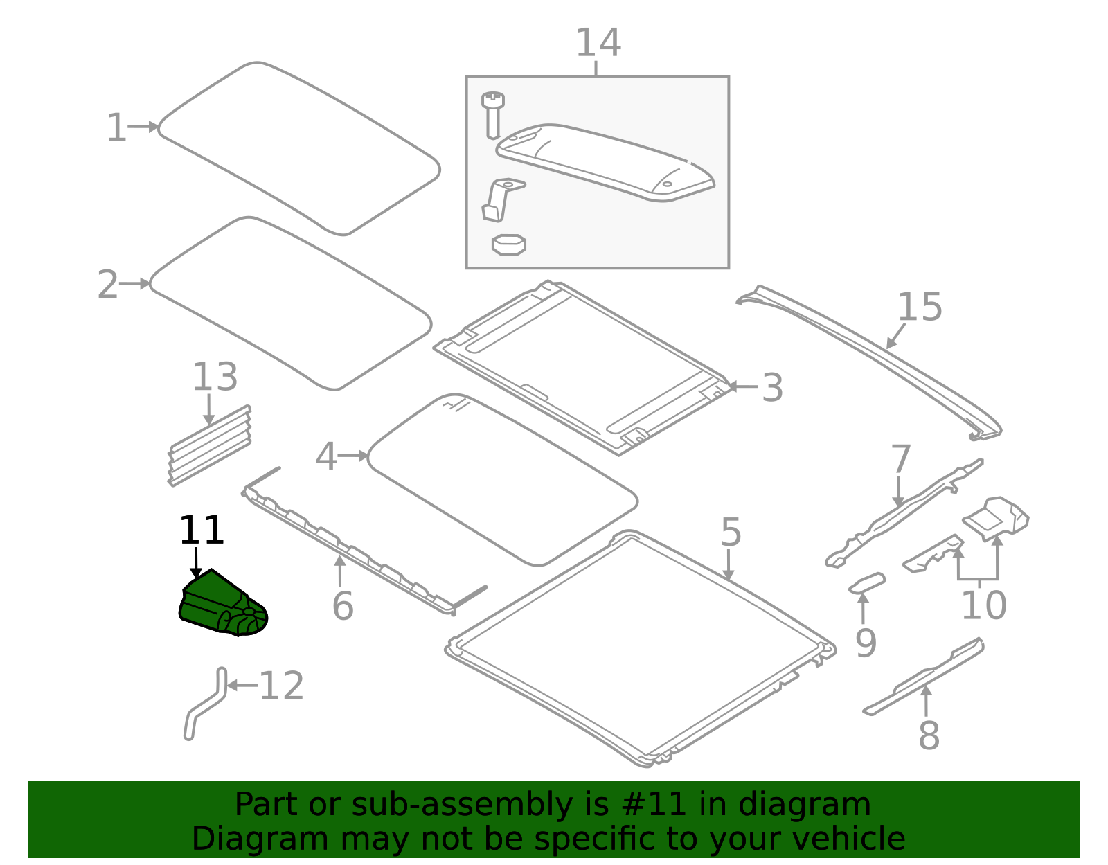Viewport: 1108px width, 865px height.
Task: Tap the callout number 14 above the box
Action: [598, 43]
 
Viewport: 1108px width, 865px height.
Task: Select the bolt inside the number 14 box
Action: [492, 115]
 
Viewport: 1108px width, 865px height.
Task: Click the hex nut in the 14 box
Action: [508, 244]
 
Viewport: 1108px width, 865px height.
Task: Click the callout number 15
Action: [920, 307]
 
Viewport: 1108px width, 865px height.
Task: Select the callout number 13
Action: [215, 377]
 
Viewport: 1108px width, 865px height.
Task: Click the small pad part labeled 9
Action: [867, 582]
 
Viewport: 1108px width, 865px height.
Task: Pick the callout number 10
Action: [983, 605]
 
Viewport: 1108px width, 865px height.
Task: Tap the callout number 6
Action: [343, 606]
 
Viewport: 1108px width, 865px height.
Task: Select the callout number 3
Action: [772, 388]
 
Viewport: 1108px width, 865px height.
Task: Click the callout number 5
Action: [731, 532]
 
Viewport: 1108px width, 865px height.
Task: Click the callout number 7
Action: [900, 459]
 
